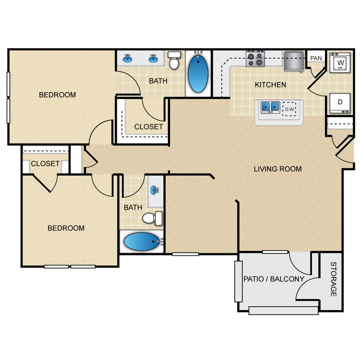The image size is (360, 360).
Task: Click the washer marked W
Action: point(340,62)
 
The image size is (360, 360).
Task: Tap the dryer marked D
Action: point(340,103)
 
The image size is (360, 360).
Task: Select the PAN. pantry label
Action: point(316,58)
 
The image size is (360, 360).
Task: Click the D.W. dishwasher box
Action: point(289,109)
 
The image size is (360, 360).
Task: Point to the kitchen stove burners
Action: point(255,59)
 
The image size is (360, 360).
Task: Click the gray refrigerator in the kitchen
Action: point(294,61)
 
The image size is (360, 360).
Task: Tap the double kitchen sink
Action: point(270,107)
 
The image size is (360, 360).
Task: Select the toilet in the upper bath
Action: point(174,60)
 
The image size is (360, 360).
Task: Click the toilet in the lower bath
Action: point(153,218)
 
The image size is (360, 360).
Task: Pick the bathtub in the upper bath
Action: point(198,73)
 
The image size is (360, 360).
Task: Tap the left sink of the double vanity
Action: point(127,59)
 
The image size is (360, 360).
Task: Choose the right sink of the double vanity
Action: point(153,59)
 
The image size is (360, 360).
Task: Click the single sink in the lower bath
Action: point(154,190)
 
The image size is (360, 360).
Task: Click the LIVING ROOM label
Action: point(277,169)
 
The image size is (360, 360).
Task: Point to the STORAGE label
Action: point(334,279)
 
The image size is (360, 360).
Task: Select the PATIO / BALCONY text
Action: point(274,279)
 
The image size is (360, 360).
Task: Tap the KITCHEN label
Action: point(270,84)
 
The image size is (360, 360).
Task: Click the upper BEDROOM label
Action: point(58,95)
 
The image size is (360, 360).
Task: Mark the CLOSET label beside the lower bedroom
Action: point(45,164)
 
